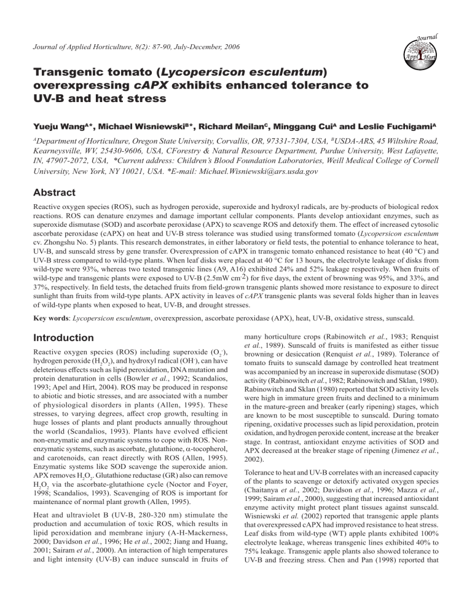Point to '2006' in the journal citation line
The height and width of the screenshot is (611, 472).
click(229, 46)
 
